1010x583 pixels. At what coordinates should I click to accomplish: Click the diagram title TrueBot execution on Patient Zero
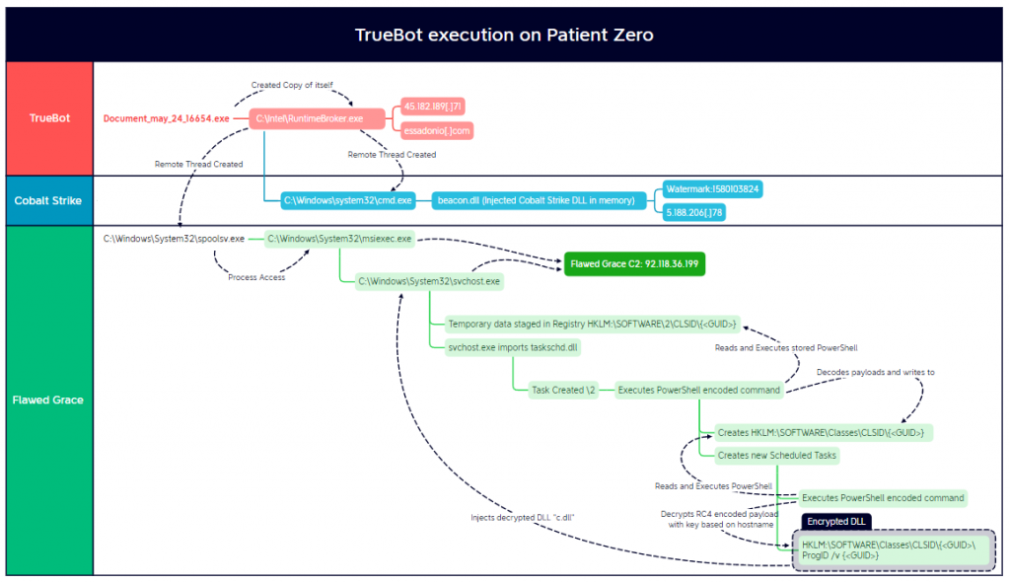click(x=504, y=36)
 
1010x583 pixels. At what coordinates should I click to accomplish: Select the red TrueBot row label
click(x=49, y=118)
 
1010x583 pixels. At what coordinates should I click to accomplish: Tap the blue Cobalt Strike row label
click(x=49, y=200)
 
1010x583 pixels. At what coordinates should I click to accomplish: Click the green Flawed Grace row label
click(x=49, y=400)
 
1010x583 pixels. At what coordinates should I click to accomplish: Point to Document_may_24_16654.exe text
click(x=166, y=118)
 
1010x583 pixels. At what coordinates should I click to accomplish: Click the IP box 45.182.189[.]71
click(x=433, y=107)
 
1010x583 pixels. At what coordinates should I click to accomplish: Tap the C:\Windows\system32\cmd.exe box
click(x=348, y=200)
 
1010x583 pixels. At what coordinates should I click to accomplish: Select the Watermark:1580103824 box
click(x=712, y=188)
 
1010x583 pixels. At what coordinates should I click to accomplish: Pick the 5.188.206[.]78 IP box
click(x=695, y=212)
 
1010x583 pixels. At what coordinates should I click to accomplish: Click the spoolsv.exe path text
click(x=174, y=239)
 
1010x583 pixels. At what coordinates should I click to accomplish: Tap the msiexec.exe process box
click(x=339, y=239)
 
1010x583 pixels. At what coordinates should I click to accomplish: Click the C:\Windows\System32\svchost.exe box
click(x=429, y=281)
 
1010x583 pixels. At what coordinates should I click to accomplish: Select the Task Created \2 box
click(x=562, y=390)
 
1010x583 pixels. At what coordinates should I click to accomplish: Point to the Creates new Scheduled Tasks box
click(x=778, y=455)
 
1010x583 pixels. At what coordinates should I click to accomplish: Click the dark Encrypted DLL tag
click(x=834, y=521)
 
